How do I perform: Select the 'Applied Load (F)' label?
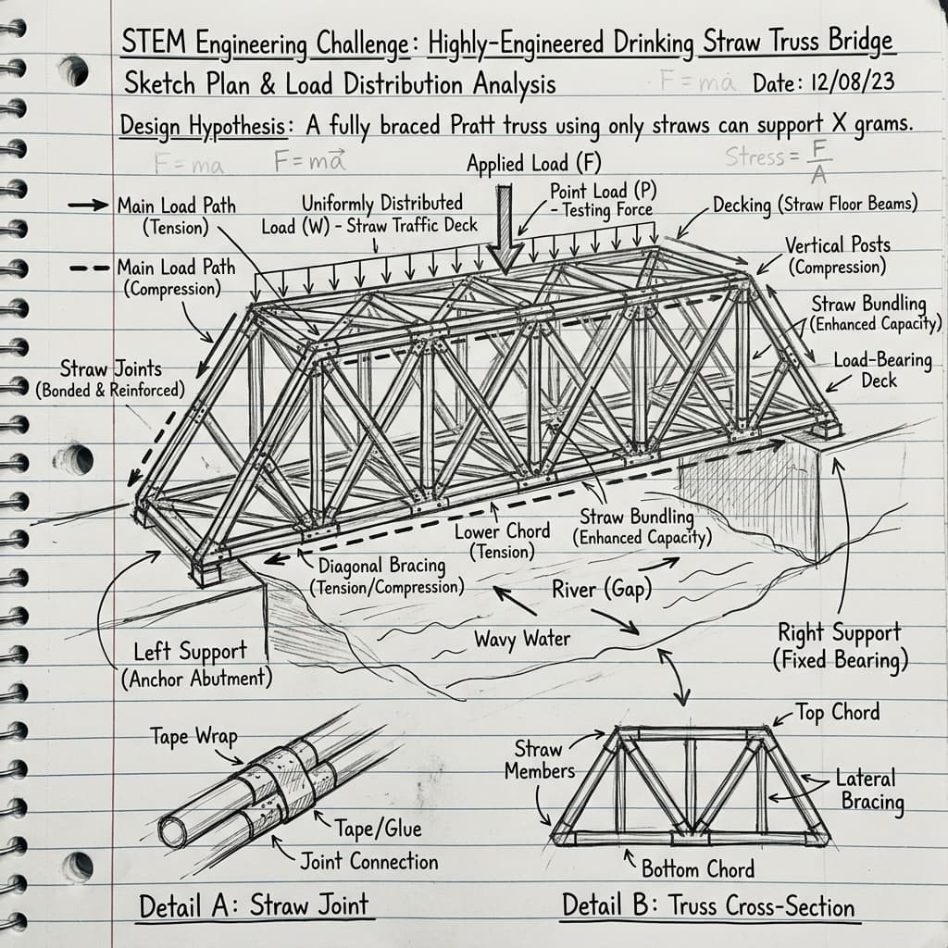pyautogui.click(x=534, y=163)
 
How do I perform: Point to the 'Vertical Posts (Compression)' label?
pyautogui.click(x=837, y=256)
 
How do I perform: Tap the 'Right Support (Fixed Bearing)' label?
pyautogui.click(x=840, y=646)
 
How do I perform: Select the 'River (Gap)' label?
pyautogui.click(x=602, y=588)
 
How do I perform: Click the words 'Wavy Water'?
pyautogui.click(x=522, y=639)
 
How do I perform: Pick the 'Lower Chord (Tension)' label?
pyautogui.click(x=502, y=541)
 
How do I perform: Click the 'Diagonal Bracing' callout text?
pyautogui.click(x=382, y=566)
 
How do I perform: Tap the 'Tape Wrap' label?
pyautogui.click(x=193, y=736)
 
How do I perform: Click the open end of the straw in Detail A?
pyautogui.click(x=173, y=832)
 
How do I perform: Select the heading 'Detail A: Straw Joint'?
pyautogui.click(x=254, y=905)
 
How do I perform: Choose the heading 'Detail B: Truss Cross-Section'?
pyautogui.click(x=708, y=905)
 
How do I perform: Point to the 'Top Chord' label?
pyautogui.click(x=837, y=712)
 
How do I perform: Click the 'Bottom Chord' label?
pyautogui.click(x=698, y=868)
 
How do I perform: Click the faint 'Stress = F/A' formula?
pyautogui.click(x=779, y=159)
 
